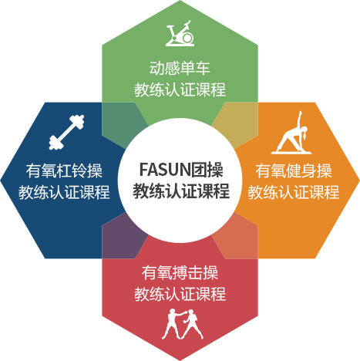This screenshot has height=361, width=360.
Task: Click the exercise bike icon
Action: (180, 33)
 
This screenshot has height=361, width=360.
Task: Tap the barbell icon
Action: (66, 132)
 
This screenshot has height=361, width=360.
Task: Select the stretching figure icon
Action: (291, 133)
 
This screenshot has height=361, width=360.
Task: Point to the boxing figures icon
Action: (183, 324)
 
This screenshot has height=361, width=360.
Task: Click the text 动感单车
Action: (180, 68)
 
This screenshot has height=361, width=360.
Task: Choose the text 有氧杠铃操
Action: (64, 170)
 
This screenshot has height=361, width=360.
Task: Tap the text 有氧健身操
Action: (294, 170)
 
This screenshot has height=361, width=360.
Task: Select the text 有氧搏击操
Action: (180, 272)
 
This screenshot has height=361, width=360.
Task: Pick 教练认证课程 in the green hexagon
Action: (180, 89)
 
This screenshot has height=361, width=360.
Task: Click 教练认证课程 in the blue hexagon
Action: (64, 192)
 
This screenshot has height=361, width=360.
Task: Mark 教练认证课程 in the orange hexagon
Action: (294, 192)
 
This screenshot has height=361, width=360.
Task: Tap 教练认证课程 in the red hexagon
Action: (180, 294)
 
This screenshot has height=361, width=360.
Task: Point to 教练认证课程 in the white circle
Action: (181, 191)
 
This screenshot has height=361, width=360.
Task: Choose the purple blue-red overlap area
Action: (121, 238)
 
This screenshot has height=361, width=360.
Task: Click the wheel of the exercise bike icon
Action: (187, 38)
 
